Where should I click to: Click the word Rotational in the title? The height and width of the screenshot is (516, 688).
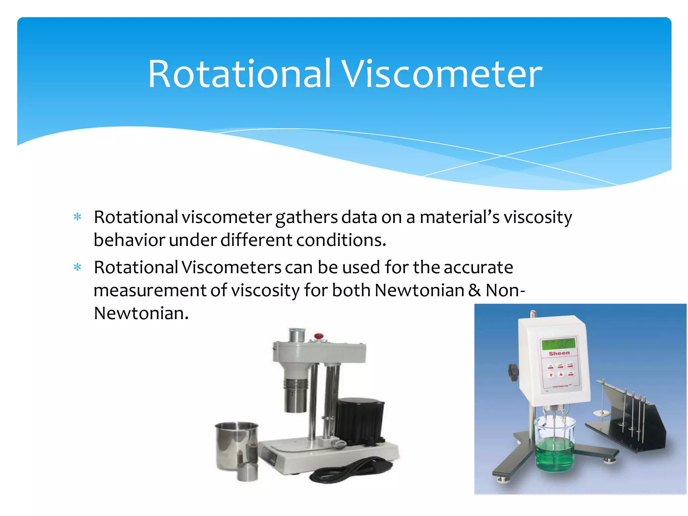point(239,74)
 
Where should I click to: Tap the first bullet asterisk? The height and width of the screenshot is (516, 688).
point(78,217)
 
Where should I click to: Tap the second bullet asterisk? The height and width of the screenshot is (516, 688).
point(78,267)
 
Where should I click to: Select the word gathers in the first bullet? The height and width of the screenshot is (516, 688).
point(306,218)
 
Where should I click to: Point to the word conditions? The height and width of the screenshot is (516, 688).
point(341,241)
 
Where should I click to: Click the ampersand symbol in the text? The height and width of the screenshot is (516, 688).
point(474,291)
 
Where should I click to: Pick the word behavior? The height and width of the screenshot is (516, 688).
point(129,241)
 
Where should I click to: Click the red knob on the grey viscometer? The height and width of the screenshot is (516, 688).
point(318,336)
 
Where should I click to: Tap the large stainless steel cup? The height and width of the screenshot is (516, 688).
point(236,445)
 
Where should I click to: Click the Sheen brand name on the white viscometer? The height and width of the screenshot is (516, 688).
point(559,353)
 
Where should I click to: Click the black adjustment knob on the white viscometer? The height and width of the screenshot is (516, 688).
point(513,372)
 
